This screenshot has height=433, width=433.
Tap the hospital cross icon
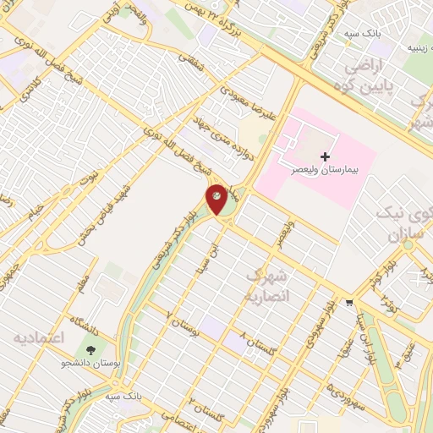[x=326, y=156]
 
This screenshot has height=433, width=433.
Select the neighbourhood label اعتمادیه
[x=38, y=338]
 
